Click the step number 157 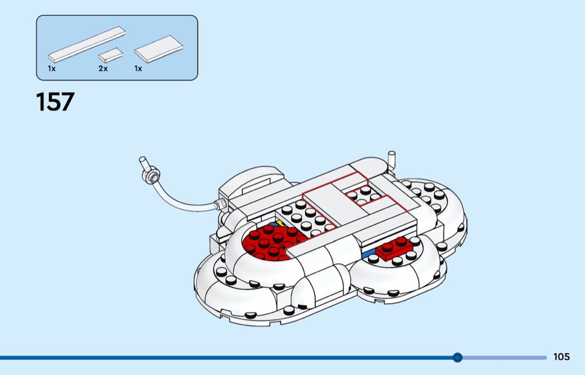pyautogui.click(x=55, y=102)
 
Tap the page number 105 pyautogui.click(x=562, y=357)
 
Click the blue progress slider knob pyautogui.click(x=457, y=357)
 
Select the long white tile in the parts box pyautogui.click(x=86, y=43)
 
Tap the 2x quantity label pyautogui.click(x=103, y=69)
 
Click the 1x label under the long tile pyautogui.click(x=52, y=69)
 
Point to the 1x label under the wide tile pyautogui.click(x=138, y=69)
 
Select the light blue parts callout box pyautogui.click(x=117, y=47)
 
